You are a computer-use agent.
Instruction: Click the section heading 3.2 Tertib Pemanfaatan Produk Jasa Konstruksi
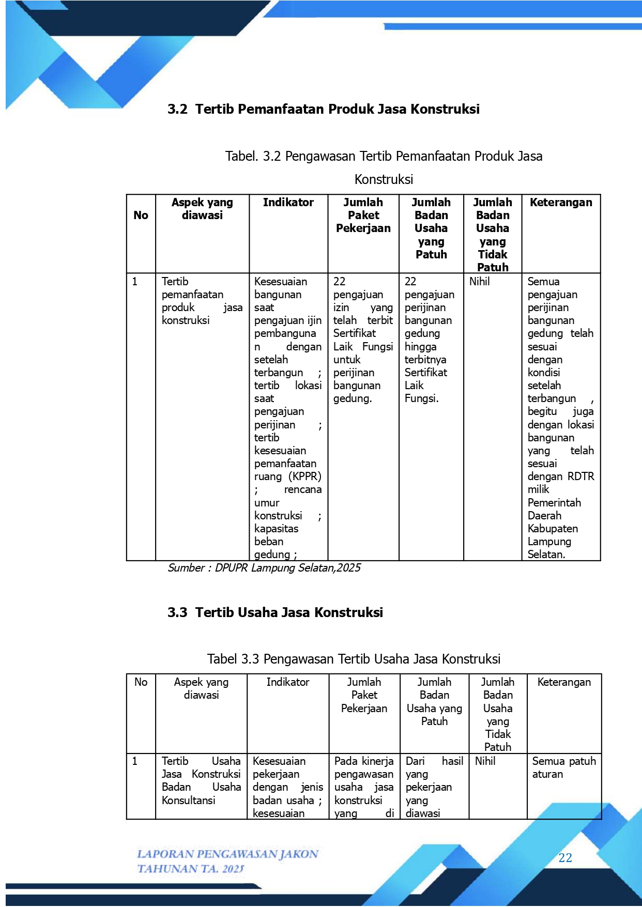pos(324,109)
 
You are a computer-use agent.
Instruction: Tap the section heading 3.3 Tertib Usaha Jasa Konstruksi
pos(275,612)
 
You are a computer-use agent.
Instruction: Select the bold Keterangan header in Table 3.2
pos(561,203)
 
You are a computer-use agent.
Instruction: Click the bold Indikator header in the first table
pos(288,203)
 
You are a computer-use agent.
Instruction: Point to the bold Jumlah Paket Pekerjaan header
pos(363,216)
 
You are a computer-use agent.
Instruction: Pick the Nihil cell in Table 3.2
pos(479,282)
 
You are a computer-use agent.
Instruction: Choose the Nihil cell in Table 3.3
pos(485,761)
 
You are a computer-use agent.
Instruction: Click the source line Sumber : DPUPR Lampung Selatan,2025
pos(264,568)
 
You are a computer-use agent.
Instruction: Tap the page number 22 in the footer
pos(565,858)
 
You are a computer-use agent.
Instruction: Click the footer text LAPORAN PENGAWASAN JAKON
pos(227,854)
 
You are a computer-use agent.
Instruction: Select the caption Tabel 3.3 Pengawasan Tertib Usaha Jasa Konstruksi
pos(354,659)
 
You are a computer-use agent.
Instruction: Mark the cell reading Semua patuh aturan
pos(563,767)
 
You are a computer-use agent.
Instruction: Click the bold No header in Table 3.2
pos(141,216)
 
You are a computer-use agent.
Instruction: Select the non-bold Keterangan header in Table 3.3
pos(564,682)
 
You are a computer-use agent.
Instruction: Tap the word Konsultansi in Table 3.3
pos(188,801)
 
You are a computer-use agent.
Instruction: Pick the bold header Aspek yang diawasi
pos(202,209)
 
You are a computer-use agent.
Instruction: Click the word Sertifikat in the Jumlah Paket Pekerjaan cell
pos(355,333)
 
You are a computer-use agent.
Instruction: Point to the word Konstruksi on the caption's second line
pos(384,180)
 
